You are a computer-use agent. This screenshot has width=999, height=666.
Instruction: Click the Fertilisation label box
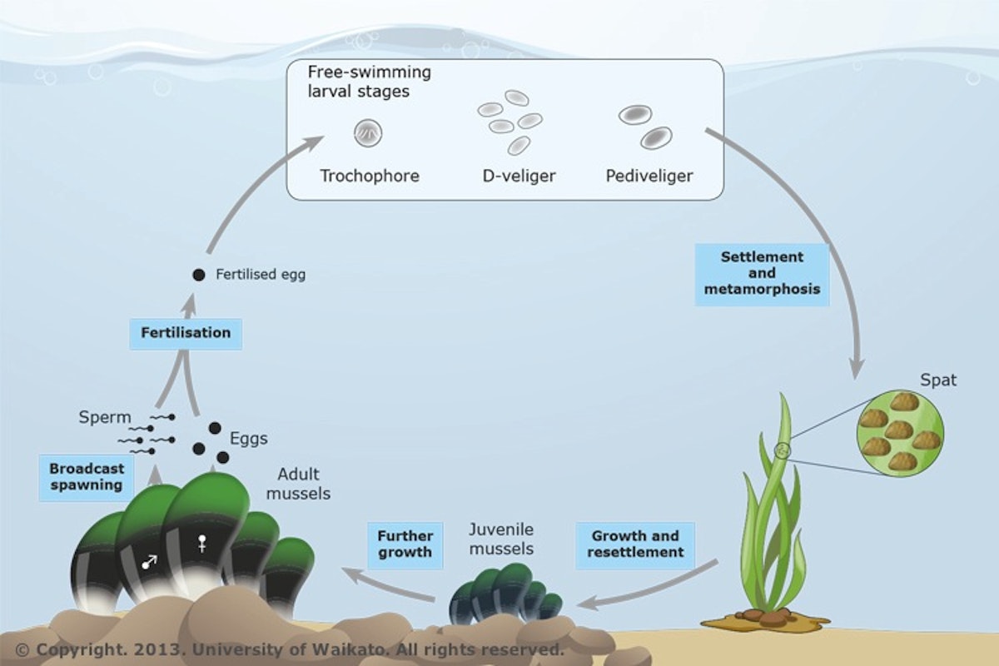click(x=186, y=333)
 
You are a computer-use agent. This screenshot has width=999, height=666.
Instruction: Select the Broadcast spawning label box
click(x=86, y=476)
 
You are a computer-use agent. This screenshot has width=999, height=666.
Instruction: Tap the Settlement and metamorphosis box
click(x=762, y=273)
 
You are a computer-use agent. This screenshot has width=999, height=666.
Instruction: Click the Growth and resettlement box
click(x=635, y=544)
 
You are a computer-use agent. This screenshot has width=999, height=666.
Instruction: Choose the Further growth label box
click(x=405, y=544)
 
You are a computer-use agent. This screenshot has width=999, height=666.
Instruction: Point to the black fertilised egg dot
click(x=198, y=274)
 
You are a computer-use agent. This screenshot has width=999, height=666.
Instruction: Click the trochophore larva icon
click(x=368, y=132)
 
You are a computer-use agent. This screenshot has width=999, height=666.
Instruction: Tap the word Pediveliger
click(x=649, y=176)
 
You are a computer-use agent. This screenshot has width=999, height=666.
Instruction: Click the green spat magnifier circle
click(x=901, y=433)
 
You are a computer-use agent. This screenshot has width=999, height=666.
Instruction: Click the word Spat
click(x=938, y=380)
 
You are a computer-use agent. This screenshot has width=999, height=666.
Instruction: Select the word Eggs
click(x=249, y=438)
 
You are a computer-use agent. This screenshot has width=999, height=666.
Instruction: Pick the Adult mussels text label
click(x=304, y=485)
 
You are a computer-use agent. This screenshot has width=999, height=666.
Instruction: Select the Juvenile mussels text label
click(x=501, y=538)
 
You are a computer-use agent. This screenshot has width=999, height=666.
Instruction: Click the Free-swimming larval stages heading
click(x=369, y=82)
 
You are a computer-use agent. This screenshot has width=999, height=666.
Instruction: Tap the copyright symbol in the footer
click(x=22, y=649)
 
